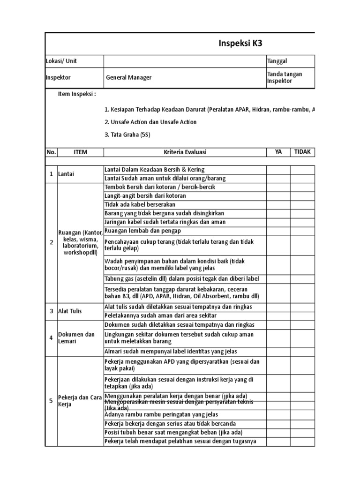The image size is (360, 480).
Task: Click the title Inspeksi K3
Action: [240, 44]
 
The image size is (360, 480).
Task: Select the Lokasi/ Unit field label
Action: [61, 61]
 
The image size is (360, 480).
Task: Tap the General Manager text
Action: [128, 77]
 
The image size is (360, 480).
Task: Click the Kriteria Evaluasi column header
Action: [185, 152]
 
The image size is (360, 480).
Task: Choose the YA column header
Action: [278, 152]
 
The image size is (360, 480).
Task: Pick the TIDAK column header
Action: [302, 152]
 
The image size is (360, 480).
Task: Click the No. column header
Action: [51, 152]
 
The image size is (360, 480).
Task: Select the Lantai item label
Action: [67, 174]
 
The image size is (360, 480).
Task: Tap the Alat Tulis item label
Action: [70, 311]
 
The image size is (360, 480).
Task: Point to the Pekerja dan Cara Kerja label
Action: [80, 401]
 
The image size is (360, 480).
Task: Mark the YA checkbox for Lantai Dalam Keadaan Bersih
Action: [278, 170]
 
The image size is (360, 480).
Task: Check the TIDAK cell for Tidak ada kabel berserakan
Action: [302, 205]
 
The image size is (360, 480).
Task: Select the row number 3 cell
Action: [52, 311]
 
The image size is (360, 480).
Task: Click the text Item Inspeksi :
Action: [77, 94]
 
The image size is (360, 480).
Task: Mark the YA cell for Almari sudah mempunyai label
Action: [278, 352]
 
